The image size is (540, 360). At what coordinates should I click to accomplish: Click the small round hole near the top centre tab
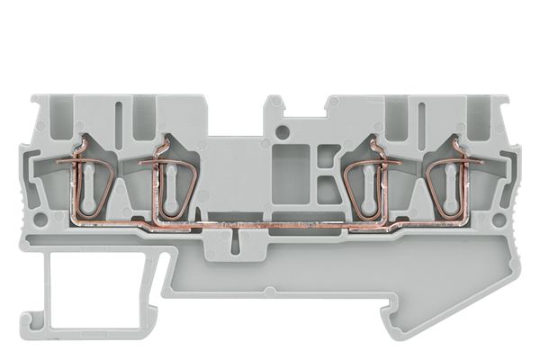pos(283,133)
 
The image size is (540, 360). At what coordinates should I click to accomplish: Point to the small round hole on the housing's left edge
pos(40,219)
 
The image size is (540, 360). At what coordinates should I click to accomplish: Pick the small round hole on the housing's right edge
pos(499,219)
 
